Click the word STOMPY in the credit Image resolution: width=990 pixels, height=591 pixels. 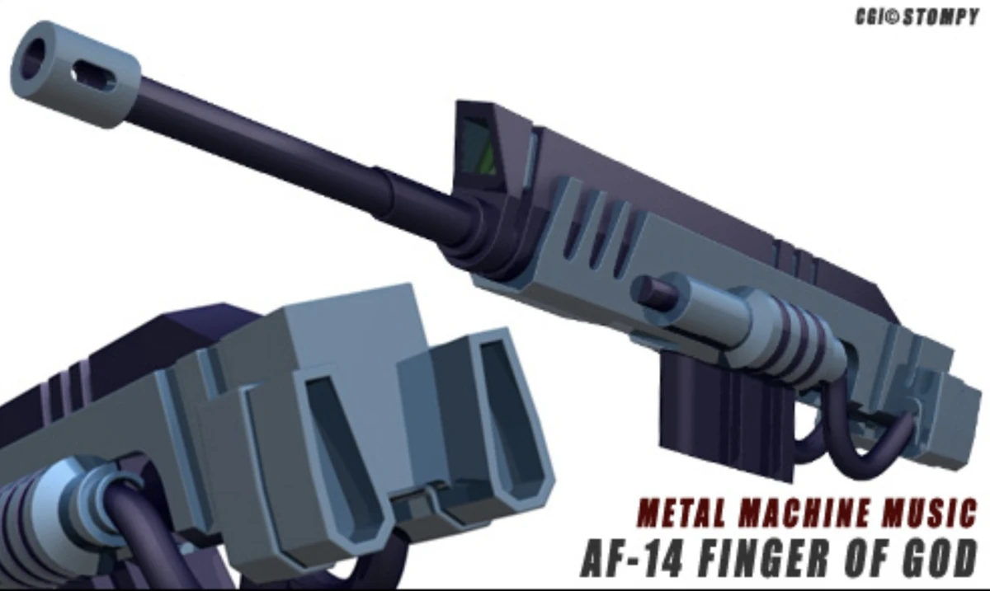pyautogui.click(x=940, y=17)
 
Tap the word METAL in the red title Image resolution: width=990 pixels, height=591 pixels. pyautogui.click(x=676, y=514)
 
